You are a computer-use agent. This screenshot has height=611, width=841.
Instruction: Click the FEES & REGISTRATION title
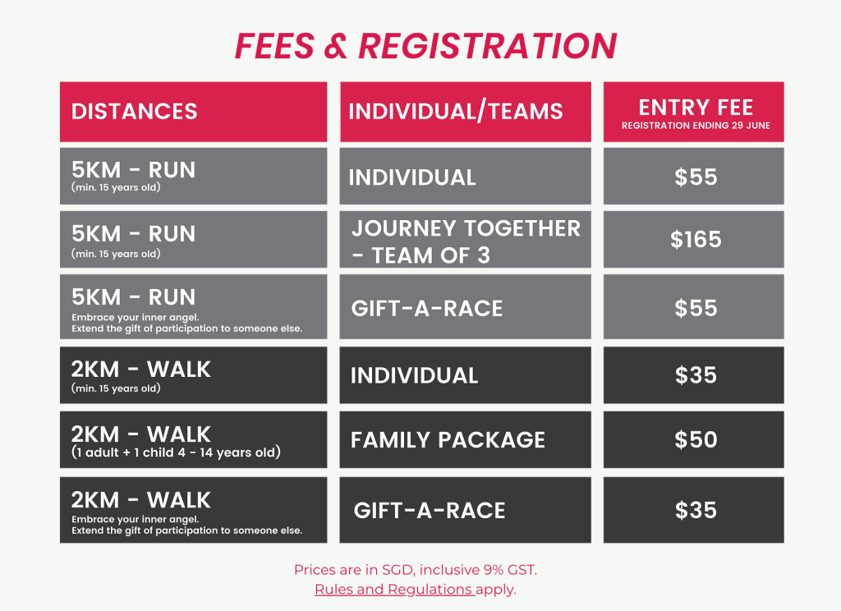point(426,46)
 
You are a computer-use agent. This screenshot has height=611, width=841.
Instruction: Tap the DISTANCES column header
point(134,112)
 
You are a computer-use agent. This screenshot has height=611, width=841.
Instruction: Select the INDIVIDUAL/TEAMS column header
point(456,112)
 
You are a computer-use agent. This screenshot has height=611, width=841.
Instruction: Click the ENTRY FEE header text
point(696,108)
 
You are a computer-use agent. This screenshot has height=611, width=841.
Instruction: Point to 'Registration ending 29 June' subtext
point(696,126)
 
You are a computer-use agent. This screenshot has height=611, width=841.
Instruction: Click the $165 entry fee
point(696,239)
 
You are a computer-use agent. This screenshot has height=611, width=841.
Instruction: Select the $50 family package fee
point(696,440)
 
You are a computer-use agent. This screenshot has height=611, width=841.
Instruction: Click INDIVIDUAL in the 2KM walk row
point(414,375)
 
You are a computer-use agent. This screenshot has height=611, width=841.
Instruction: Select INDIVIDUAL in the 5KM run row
point(412,177)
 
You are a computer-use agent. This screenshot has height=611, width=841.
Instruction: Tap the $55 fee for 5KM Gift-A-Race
point(696,309)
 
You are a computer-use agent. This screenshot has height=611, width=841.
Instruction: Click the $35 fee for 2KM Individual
point(696,375)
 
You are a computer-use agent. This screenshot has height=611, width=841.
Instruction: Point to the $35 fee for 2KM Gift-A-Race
point(696,510)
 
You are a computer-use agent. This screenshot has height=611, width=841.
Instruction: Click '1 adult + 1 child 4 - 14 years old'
point(176,453)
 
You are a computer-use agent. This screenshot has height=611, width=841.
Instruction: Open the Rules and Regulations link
point(393,589)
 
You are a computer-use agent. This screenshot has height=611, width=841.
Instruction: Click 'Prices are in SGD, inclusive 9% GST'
point(415,570)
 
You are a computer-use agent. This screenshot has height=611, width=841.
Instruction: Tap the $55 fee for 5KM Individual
point(696,177)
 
